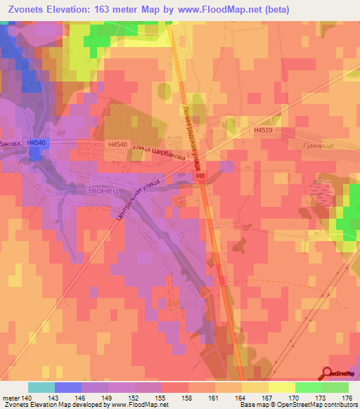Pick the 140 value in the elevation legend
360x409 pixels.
[x=27, y=397]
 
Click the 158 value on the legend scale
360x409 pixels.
[x=188, y=397]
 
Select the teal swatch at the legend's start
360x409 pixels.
[x=41, y=387]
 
